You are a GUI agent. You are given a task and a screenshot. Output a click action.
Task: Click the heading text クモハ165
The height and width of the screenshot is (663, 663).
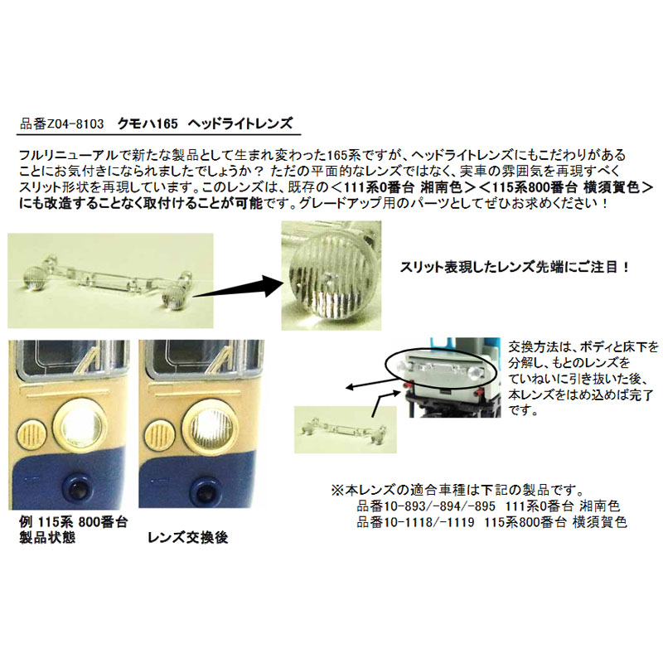pos(148,123)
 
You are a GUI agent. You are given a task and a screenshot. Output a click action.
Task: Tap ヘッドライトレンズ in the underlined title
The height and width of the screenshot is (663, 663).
pos(240,123)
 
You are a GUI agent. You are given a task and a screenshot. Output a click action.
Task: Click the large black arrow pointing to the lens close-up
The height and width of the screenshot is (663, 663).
pos(237,286)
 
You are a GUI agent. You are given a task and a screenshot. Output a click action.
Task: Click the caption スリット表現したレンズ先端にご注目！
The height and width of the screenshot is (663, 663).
pos(515,267)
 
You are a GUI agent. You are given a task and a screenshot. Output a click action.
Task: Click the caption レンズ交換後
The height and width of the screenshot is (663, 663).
pos(188,537)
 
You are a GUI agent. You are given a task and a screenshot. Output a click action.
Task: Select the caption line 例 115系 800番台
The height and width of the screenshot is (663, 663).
pos(73,522)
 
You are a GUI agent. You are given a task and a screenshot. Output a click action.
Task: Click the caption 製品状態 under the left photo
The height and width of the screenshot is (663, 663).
pos(47,537)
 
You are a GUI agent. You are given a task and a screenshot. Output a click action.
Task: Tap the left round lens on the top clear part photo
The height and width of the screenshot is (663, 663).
pos(33,278)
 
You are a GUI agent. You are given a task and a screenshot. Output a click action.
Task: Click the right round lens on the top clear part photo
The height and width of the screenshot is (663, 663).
pos(174,295)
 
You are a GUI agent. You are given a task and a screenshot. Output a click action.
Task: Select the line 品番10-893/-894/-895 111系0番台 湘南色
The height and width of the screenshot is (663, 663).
pos(488,506)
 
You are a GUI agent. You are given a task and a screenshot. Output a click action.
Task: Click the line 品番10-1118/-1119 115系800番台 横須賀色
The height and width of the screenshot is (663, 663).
pos(491,522)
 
